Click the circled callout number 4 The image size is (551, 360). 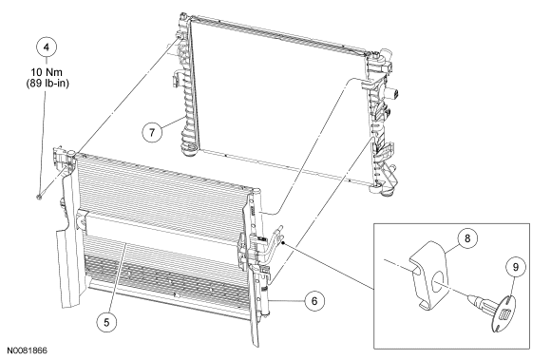[x=46, y=47]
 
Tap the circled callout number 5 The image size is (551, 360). [x=106, y=322]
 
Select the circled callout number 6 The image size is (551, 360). [x=314, y=301]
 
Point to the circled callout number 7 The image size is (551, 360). [x=152, y=132]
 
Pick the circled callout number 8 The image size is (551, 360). [x=467, y=238]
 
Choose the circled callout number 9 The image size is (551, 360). [x=516, y=267]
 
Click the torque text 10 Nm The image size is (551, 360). [x=47, y=72]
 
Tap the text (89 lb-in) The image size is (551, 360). [x=47, y=84]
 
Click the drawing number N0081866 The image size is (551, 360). [x=27, y=351]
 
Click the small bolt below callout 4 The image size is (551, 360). [x=39, y=198]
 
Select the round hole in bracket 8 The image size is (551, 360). [x=438, y=280]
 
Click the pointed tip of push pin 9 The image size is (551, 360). [x=468, y=298]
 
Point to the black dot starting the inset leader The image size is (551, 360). [x=283, y=242]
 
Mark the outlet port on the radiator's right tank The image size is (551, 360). [x=392, y=94]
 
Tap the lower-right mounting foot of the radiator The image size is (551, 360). [x=383, y=190]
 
